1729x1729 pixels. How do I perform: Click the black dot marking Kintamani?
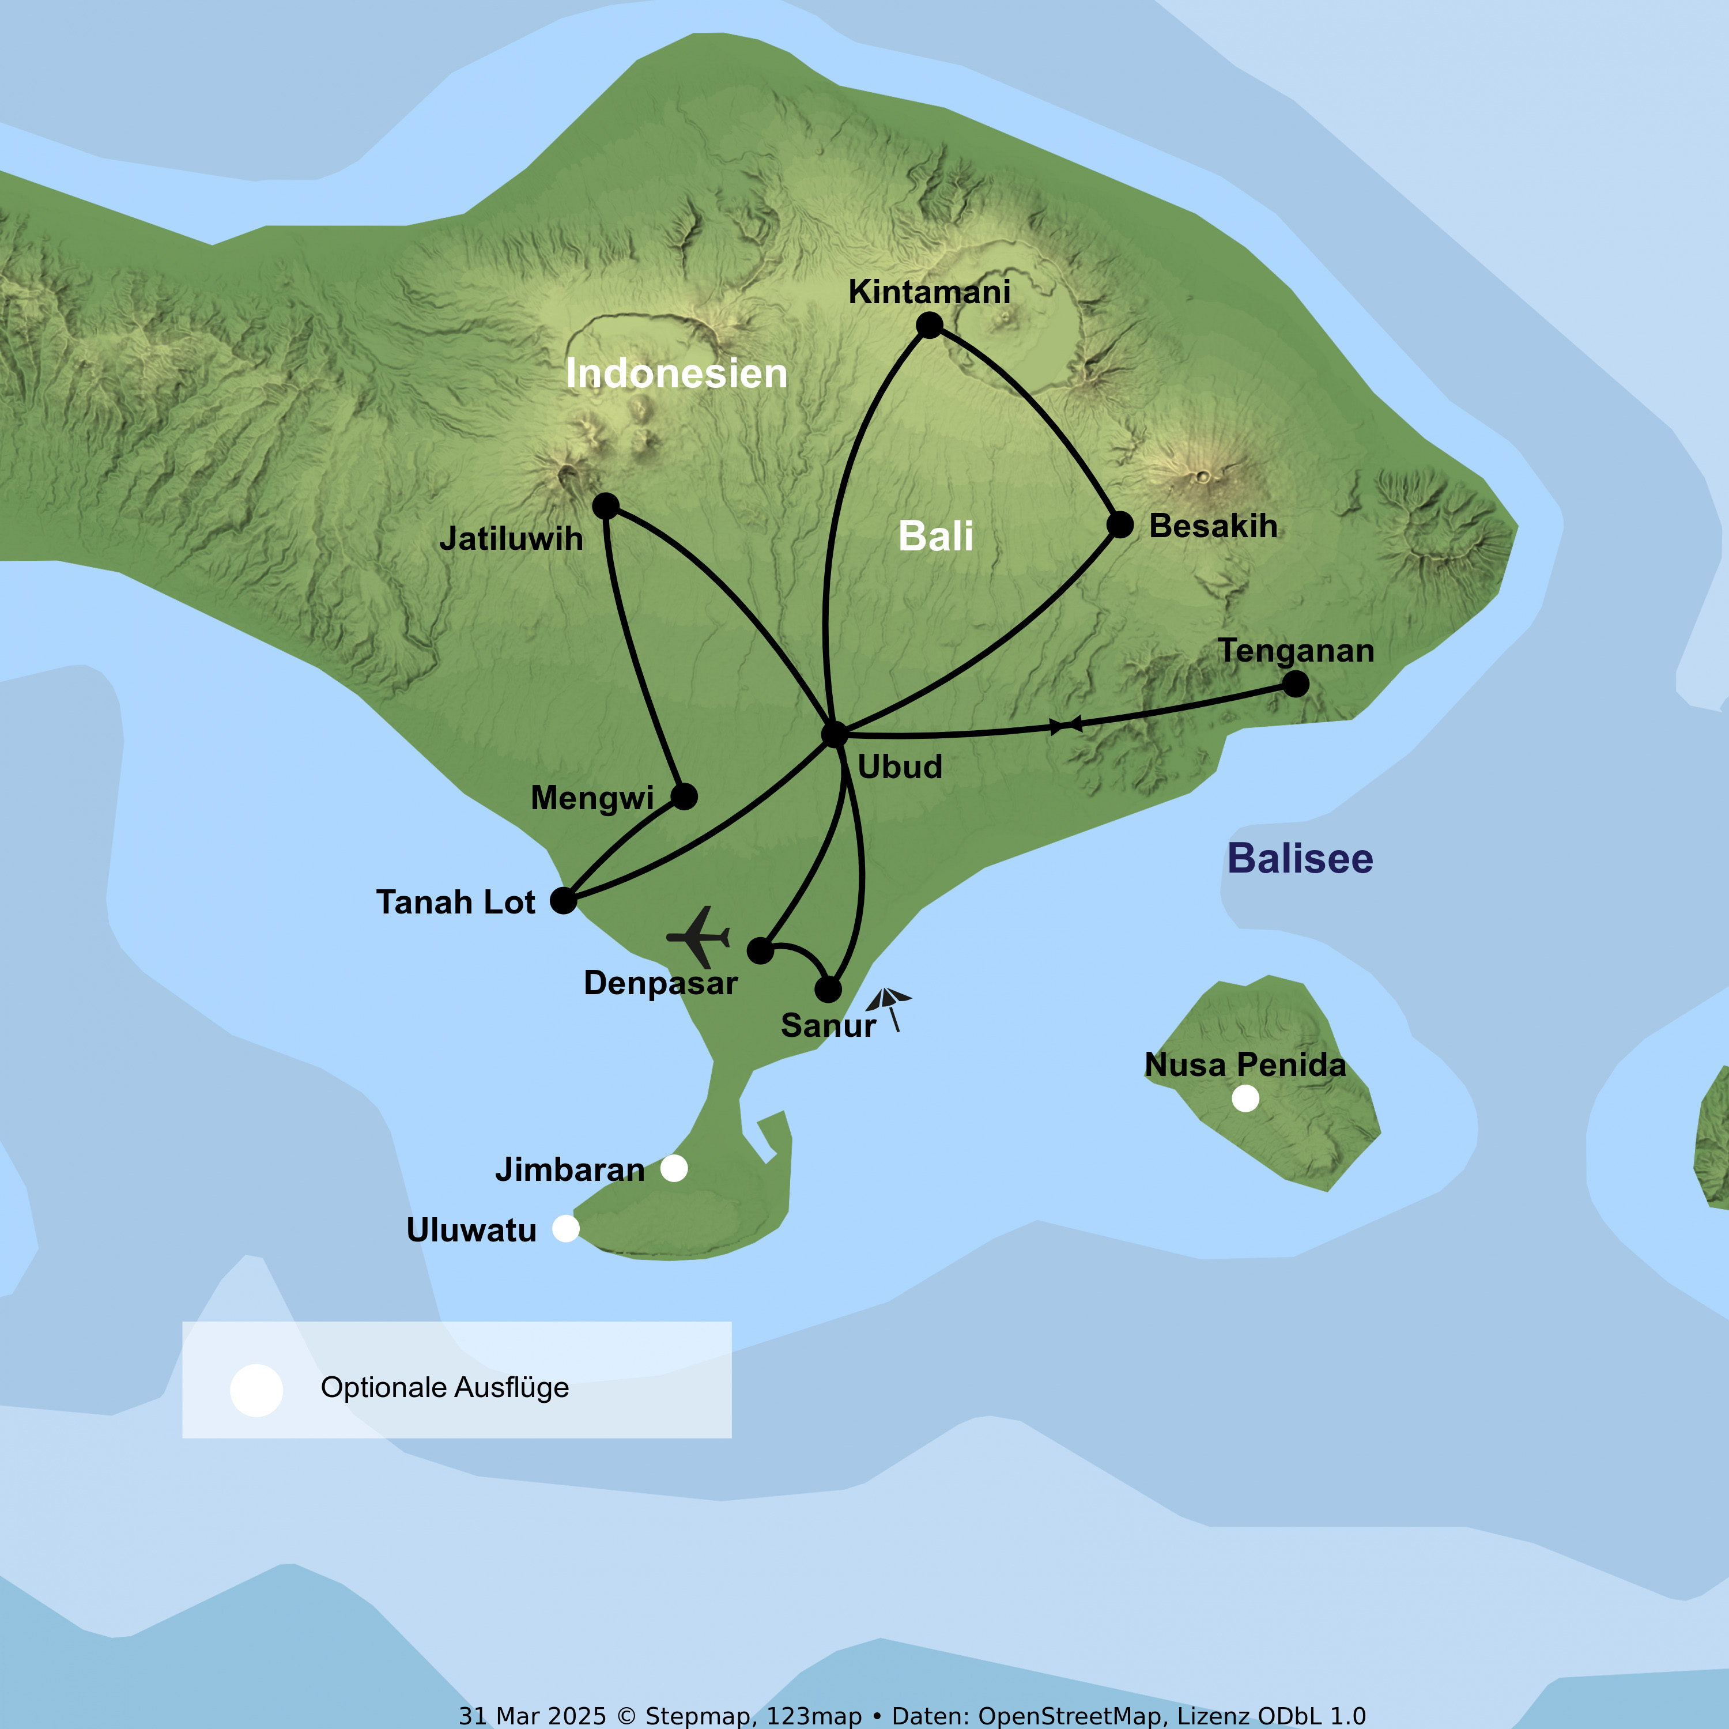coord(929,326)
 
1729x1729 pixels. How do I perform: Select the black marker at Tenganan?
coord(1295,684)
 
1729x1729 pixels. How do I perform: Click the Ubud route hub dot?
coord(834,734)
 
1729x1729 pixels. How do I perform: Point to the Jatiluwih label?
coord(511,539)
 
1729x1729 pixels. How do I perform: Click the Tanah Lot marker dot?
coord(563,900)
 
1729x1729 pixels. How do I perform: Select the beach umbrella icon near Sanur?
coord(889,1007)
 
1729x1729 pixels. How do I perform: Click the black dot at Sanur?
coord(828,990)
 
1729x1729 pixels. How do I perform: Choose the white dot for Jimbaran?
coord(674,1168)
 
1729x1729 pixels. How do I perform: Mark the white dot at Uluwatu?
coord(565,1229)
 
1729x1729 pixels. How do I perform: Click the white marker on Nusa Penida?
coord(1245,1098)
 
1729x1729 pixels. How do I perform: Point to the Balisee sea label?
coord(1300,858)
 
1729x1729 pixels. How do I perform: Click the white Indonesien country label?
coord(677,373)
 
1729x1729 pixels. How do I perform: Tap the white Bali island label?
coord(935,536)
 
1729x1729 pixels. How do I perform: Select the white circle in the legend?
coord(257,1391)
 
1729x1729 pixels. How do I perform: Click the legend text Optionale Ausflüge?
coord(445,1387)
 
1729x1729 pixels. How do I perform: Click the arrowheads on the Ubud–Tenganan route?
coord(1066,725)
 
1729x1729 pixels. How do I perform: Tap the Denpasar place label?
coord(660,983)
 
